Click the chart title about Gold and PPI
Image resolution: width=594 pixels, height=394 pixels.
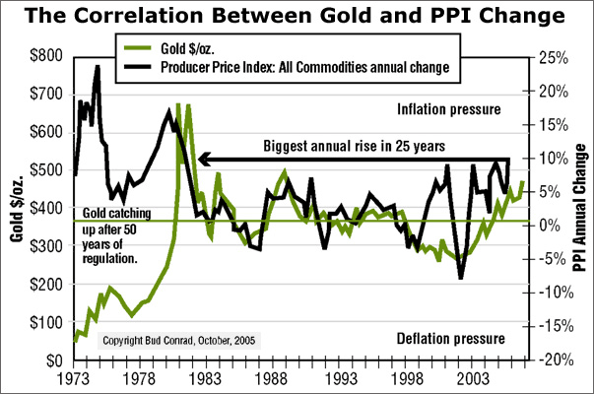click(x=297, y=18)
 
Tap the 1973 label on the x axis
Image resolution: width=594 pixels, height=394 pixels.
click(x=74, y=379)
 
